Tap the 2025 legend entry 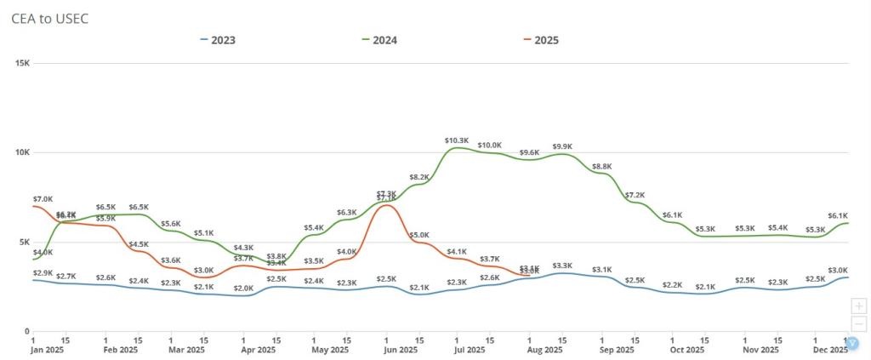547,40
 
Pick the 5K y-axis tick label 23,242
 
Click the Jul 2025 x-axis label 469,350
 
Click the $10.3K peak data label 457,140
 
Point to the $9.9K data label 563,146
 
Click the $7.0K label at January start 43,199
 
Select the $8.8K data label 601,166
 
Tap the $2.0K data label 243,289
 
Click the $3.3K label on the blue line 562,266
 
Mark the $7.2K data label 635,195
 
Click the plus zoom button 858,306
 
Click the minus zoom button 858,323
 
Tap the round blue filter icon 853,344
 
